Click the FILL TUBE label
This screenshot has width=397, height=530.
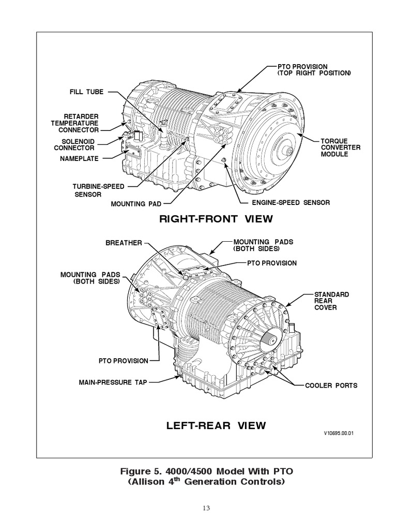tap(86, 92)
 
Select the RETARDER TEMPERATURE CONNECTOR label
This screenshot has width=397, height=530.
tap(74, 123)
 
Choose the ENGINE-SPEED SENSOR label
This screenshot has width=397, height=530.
tap(291, 202)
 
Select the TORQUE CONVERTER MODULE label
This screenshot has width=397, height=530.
tap(340, 148)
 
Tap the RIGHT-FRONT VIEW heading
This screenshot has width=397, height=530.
tap(216, 219)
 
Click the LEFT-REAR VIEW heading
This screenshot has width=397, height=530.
tap(216, 426)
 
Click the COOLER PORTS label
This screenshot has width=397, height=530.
tap(331, 386)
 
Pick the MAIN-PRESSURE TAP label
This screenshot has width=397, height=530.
tap(113, 382)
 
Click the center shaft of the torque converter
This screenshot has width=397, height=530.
tap(288, 151)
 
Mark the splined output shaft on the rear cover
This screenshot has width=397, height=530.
tap(271, 342)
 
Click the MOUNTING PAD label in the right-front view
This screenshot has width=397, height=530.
tap(136, 204)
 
